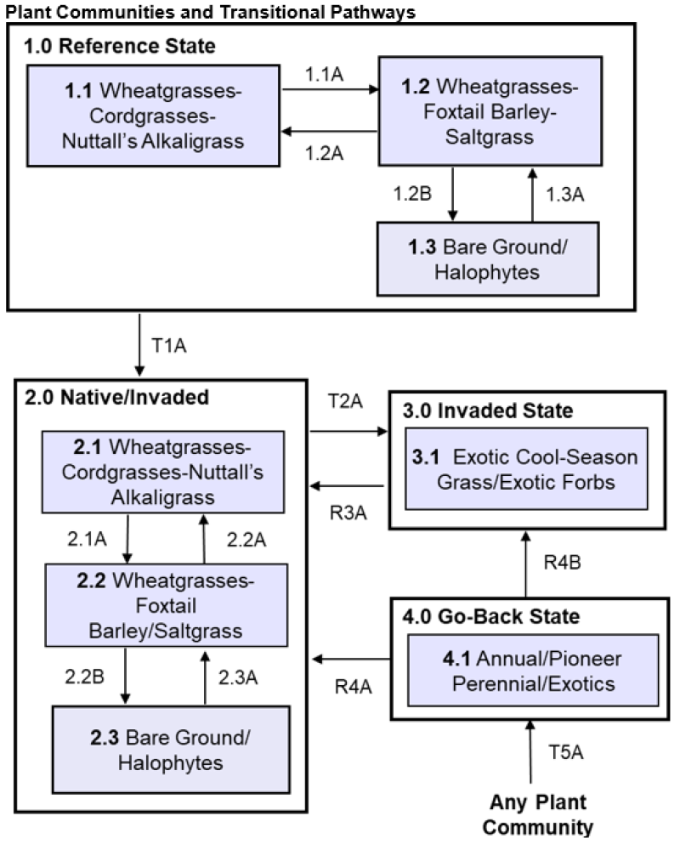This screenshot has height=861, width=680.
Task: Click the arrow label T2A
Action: point(343,401)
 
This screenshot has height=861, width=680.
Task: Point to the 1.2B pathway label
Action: point(413,193)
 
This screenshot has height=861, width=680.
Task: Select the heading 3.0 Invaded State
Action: point(489,411)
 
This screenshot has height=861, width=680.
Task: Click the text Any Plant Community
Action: point(539,814)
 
